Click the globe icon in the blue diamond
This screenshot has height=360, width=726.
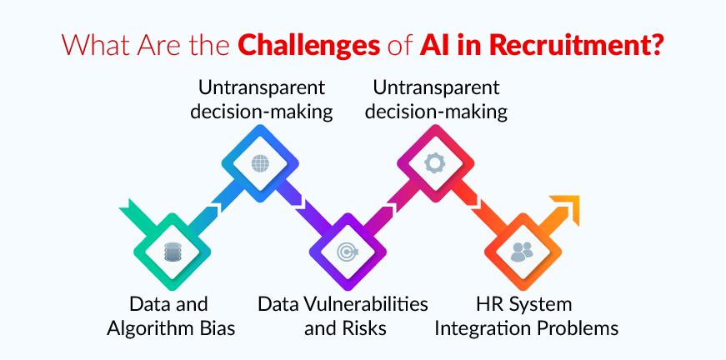click(x=260, y=162)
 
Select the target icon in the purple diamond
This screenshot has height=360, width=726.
click(x=346, y=249)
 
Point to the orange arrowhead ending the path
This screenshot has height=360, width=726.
click(x=563, y=207)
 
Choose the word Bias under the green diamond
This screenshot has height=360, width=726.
click(x=214, y=327)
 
